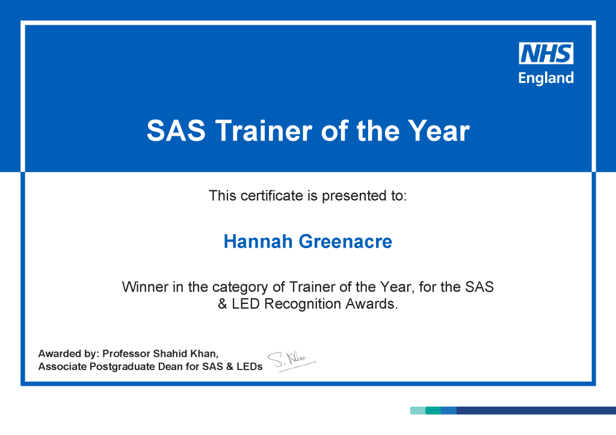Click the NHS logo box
point(546,53)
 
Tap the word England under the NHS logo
point(546,78)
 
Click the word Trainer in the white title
point(263,130)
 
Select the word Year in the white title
point(439,130)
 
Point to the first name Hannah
point(258,241)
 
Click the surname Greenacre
point(345,241)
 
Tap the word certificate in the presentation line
point(272,195)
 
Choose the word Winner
point(146,287)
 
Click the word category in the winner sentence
point(241,288)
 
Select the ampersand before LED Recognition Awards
point(223,303)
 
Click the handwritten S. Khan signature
point(292,361)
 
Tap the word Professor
point(126,353)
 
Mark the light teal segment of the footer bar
point(417,410)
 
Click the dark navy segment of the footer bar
point(536,410)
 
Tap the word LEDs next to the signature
point(250,367)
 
